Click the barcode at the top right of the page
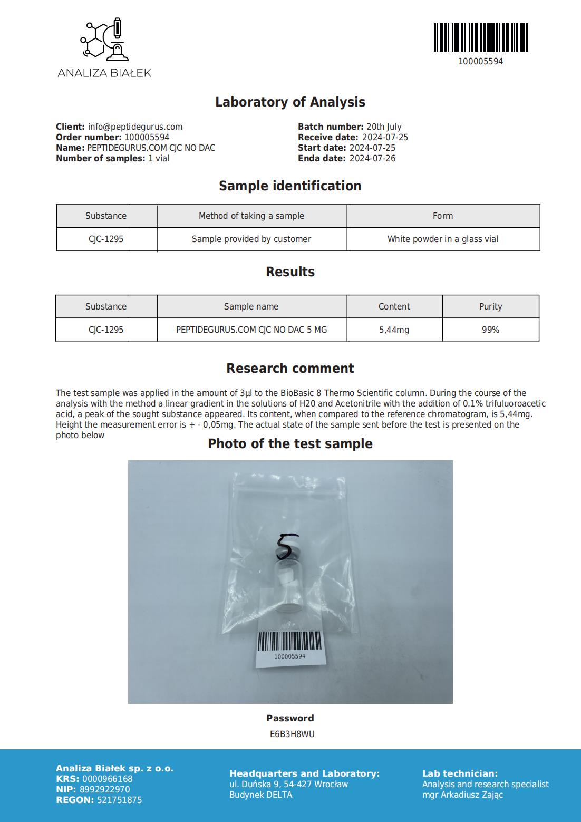pyautogui.click(x=481, y=37)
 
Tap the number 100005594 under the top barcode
pyautogui.click(x=480, y=61)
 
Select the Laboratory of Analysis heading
pyautogui.click(x=290, y=102)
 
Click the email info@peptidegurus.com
pyautogui.click(x=135, y=127)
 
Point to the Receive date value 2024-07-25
pyautogui.click(x=385, y=137)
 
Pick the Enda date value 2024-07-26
pyautogui.click(x=372, y=158)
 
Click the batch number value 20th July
pyautogui.click(x=383, y=127)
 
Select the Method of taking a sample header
pyautogui.click(x=251, y=216)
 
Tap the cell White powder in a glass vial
pyautogui.click(x=442, y=239)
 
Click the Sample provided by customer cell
pyautogui.click(x=251, y=239)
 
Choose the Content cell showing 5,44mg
pyautogui.click(x=394, y=330)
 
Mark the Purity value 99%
pyautogui.click(x=490, y=330)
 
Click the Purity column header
pyautogui.click(x=490, y=306)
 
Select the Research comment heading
pyautogui.click(x=290, y=368)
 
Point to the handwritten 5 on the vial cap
pyautogui.click(x=285, y=546)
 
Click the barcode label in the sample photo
pyautogui.click(x=289, y=646)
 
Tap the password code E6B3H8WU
pyautogui.click(x=292, y=734)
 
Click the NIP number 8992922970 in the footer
pyautogui.click(x=104, y=789)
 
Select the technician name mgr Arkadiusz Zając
pyautogui.click(x=462, y=795)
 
